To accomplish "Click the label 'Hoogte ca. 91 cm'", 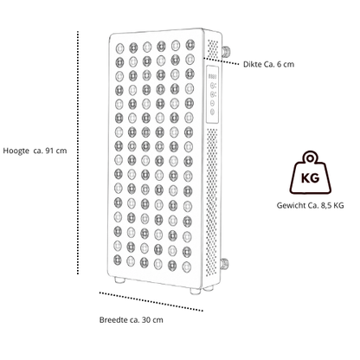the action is (35, 151).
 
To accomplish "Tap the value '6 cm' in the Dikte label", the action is (286, 64).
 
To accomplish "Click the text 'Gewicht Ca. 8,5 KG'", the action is (310, 205).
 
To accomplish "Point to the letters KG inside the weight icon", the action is (310, 178).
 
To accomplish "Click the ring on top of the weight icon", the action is (310, 157).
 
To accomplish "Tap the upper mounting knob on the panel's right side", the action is (226, 51).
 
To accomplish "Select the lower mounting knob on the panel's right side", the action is (224, 264).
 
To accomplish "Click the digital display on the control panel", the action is (213, 77).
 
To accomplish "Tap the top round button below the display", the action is (213, 86).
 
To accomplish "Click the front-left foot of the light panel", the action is (119, 280).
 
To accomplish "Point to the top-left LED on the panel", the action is (119, 48).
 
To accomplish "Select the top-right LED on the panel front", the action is (190, 44).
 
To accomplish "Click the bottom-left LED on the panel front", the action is (118, 260).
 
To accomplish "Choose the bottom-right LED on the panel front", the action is (187, 266).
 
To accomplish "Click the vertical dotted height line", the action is (78, 152).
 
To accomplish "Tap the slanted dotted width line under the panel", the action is (151, 301).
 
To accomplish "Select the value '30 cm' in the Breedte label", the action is (152, 320).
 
